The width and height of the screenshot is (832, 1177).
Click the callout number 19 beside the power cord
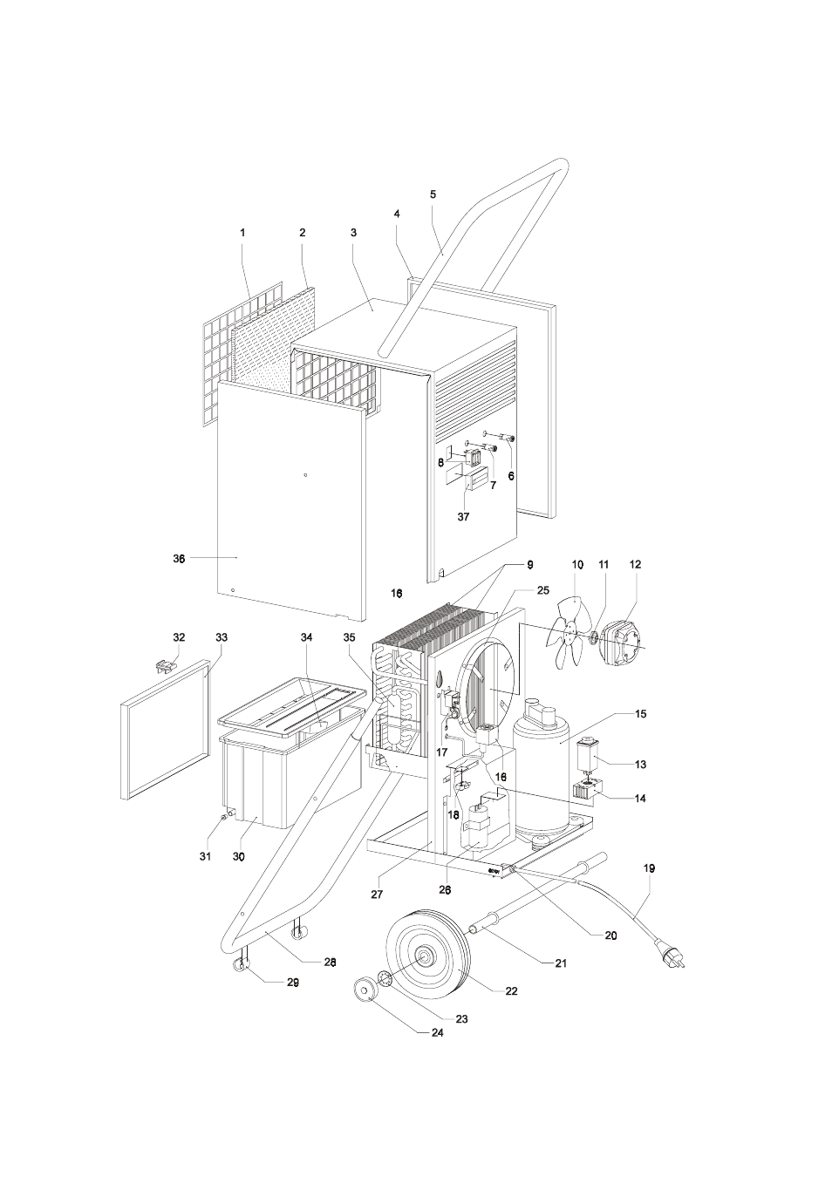click(x=649, y=868)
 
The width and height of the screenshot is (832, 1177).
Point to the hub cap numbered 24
click(x=362, y=990)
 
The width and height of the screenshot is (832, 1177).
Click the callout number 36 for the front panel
click(x=179, y=559)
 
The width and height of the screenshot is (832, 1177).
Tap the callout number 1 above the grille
click(x=243, y=233)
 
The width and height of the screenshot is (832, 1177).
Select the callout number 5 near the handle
click(x=433, y=194)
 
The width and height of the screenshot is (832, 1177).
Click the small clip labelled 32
click(x=162, y=667)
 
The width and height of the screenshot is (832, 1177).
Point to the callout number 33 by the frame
click(x=222, y=638)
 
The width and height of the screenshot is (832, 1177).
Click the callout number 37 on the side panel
click(x=463, y=516)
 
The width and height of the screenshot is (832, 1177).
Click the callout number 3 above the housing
click(x=353, y=233)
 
